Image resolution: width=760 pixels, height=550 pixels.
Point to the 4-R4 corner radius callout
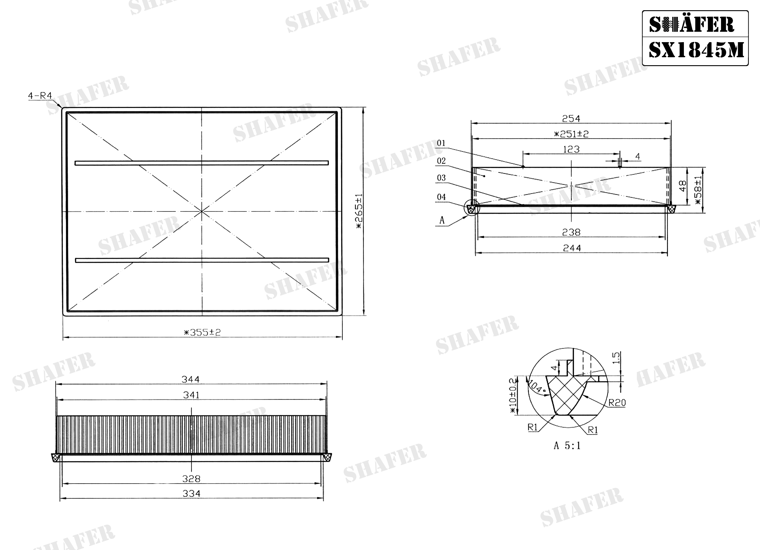[40, 96]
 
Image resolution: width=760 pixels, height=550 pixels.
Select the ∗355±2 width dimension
[202, 332]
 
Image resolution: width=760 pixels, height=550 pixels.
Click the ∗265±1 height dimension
[359, 211]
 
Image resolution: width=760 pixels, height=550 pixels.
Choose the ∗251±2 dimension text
[571, 134]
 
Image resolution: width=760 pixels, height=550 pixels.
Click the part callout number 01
[441, 143]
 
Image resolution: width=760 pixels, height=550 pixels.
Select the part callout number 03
[441, 178]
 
